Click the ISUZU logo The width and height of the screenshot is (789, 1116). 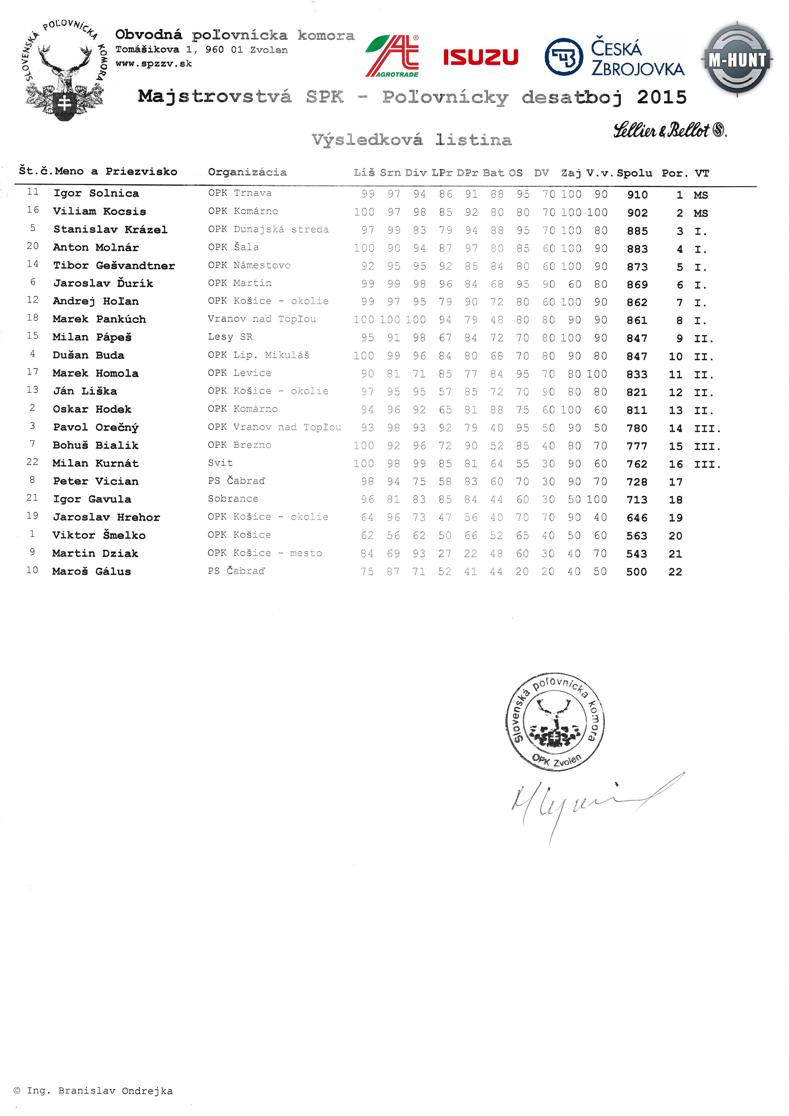tap(480, 57)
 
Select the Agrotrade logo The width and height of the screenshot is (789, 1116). tap(393, 56)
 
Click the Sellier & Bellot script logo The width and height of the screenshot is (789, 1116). tap(669, 130)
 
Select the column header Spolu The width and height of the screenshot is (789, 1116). tap(634, 173)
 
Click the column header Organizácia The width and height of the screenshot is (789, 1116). tap(247, 172)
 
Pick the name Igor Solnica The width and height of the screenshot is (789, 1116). tap(96, 193)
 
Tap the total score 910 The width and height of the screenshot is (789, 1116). tap(637, 195)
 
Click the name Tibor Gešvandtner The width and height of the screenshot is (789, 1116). tap(114, 265)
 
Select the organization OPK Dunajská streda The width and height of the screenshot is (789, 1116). tap(268, 229)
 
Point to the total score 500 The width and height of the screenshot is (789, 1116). tap(636, 572)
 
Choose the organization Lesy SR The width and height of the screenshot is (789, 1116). tap(230, 337)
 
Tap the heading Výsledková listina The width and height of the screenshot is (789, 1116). tap(411, 140)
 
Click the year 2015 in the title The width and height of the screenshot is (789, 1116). tap(662, 97)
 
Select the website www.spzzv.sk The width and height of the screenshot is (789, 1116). tap(154, 64)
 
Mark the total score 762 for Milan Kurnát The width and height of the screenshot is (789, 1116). tap(636, 464)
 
